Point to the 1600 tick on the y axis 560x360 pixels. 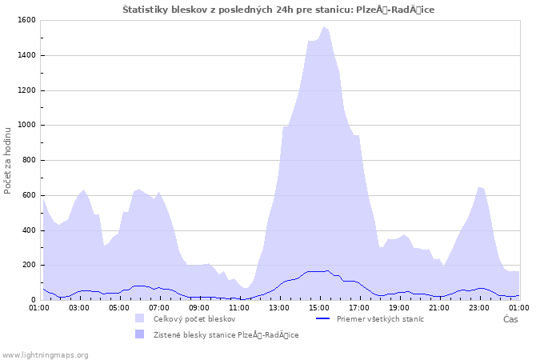(x=26, y=20)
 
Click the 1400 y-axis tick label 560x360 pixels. (x=26, y=55)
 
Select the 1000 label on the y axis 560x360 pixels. (x=26, y=125)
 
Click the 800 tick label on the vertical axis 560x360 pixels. (x=29, y=160)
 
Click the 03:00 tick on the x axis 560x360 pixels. (x=79, y=306)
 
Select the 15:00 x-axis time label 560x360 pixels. (x=319, y=306)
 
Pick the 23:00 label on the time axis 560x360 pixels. (x=479, y=306)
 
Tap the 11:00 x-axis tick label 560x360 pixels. (x=239, y=306)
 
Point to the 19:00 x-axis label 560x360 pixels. (x=399, y=306)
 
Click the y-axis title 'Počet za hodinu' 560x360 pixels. (x=8, y=160)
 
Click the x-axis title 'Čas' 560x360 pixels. (x=510, y=319)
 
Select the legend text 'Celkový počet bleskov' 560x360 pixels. (x=194, y=318)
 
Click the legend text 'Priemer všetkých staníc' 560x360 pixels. (x=380, y=318)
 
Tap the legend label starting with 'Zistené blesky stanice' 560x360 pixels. (x=226, y=334)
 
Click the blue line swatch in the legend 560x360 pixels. (x=322, y=318)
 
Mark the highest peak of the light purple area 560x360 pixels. (x=324, y=27)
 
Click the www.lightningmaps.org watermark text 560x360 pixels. (x=46, y=354)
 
